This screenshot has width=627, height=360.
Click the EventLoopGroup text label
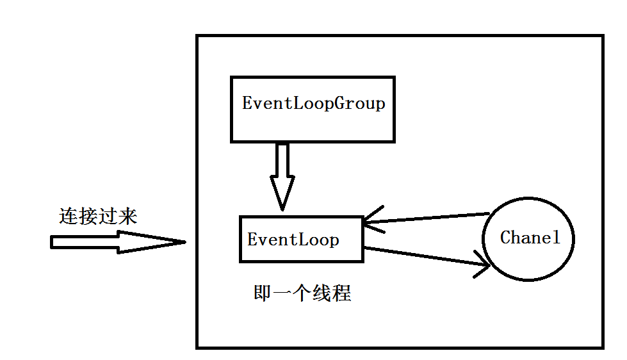[x=313, y=104]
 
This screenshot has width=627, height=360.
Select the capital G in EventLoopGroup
[x=338, y=104]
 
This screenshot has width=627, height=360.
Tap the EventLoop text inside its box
[x=293, y=240]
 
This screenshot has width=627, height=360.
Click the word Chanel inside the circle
[x=530, y=238]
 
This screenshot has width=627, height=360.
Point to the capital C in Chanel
[x=505, y=238]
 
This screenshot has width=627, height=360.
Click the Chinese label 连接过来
[x=98, y=217]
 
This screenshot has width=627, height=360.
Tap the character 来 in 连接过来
[x=127, y=217]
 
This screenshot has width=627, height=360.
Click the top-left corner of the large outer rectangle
[x=197, y=36]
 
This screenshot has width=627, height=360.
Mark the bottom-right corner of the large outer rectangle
[x=603, y=347]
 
